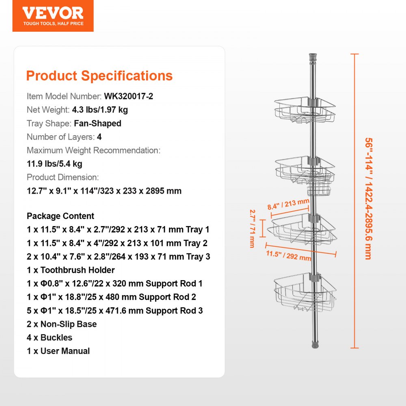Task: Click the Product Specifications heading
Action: click(x=99, y=76)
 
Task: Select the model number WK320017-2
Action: click(x=129, y=97)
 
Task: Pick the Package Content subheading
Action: click(x=60, y=216)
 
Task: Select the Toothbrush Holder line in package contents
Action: click(x=71, y=270)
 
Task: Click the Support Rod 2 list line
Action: click(x=111, y=297)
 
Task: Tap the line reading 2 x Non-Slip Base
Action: click(x=62, y=324)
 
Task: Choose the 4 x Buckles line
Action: click(x=50, y=337)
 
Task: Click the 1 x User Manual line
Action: click(x=58, y=351)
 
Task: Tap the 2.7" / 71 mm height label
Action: click(x=253, y=229)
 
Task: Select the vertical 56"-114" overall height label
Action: click(x=368, y=199)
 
